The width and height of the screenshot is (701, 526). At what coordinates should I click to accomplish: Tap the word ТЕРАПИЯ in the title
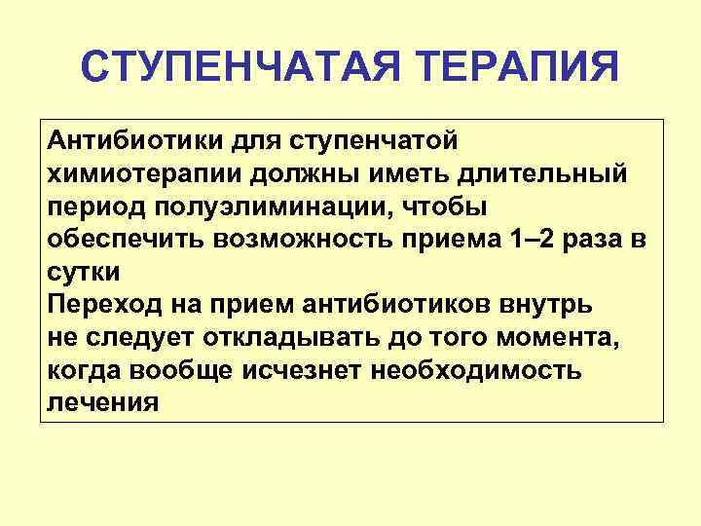pos(519,69)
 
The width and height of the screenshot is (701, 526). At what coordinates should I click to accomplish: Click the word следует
pos(141,338)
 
